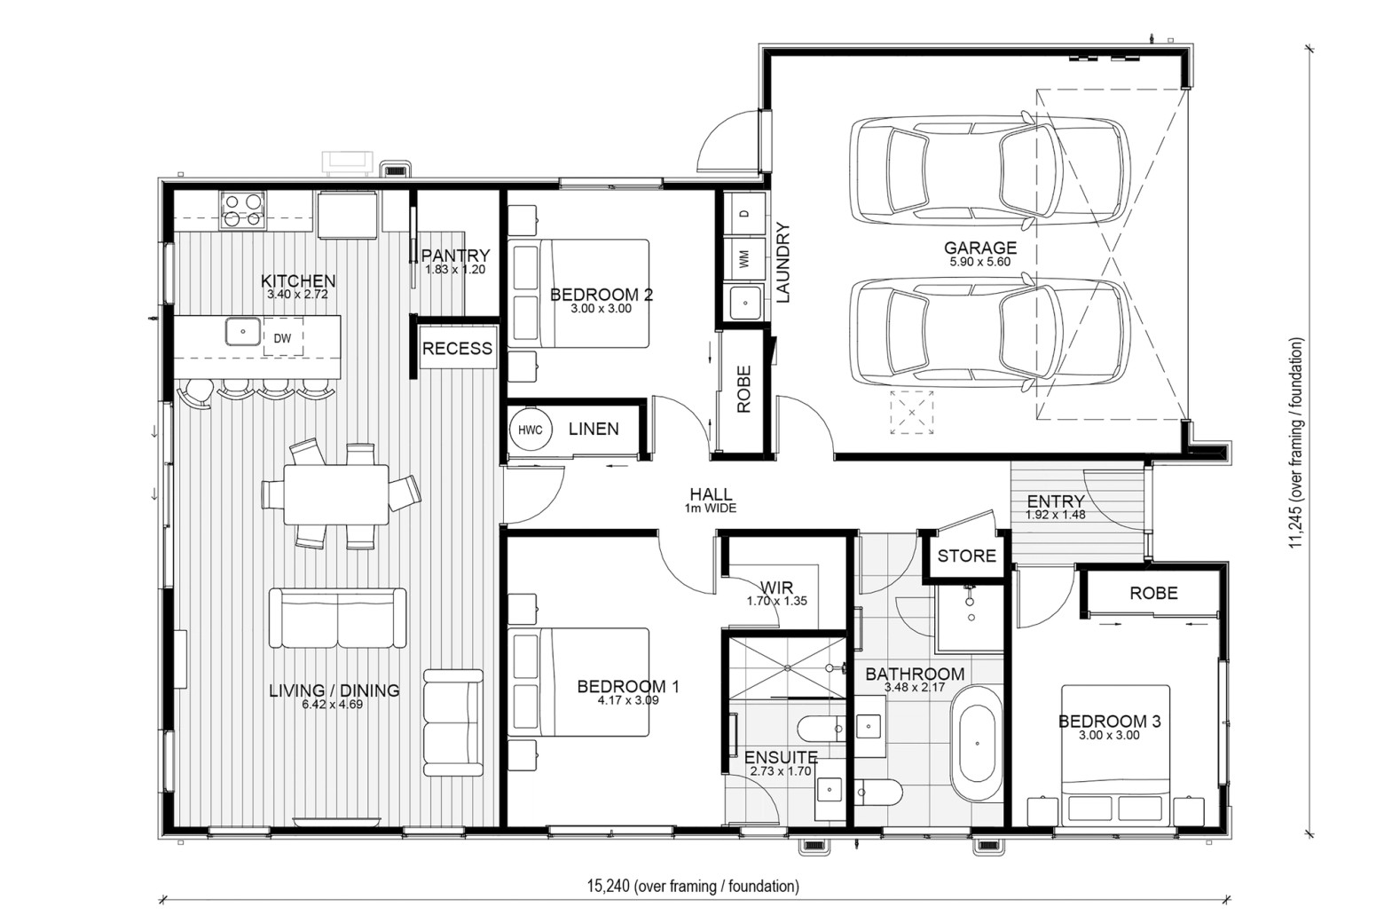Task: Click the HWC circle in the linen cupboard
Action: point(530,430)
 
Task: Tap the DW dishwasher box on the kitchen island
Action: point(283,337)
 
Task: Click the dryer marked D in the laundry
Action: point(743,213)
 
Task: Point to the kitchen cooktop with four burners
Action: point(242,210)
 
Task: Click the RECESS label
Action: point(457,349)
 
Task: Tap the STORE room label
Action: point(967,556)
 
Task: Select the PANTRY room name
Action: point(455,255)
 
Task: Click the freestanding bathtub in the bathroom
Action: point(976,744)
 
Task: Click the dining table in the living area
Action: point(336,494)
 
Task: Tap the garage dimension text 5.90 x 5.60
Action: point(980,262)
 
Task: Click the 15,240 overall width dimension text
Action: point(693,886)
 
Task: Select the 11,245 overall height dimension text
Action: point(1295,443)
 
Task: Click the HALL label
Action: point(711,494)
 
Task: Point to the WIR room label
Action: point(776,587)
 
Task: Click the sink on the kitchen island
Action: point(243,331)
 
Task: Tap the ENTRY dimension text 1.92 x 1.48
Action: point(1056,515)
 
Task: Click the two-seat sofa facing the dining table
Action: point(337,618)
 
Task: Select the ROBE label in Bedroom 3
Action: point(1153,594)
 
